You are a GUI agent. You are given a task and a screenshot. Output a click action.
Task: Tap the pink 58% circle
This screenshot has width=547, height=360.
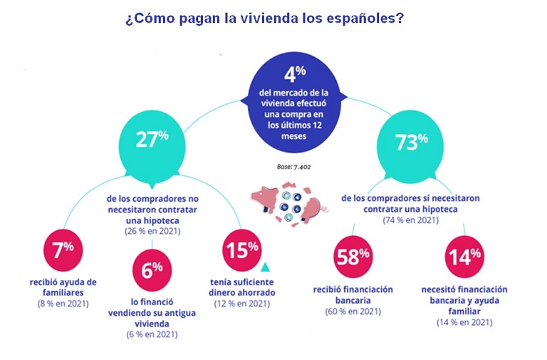pyautogui.click(x=353, y=256)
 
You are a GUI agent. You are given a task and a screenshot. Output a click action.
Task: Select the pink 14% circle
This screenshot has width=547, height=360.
pyautogui.click(x=464, y=256)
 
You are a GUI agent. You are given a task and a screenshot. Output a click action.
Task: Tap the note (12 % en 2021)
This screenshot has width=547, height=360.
pyautogui.click(x=243, y=304)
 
